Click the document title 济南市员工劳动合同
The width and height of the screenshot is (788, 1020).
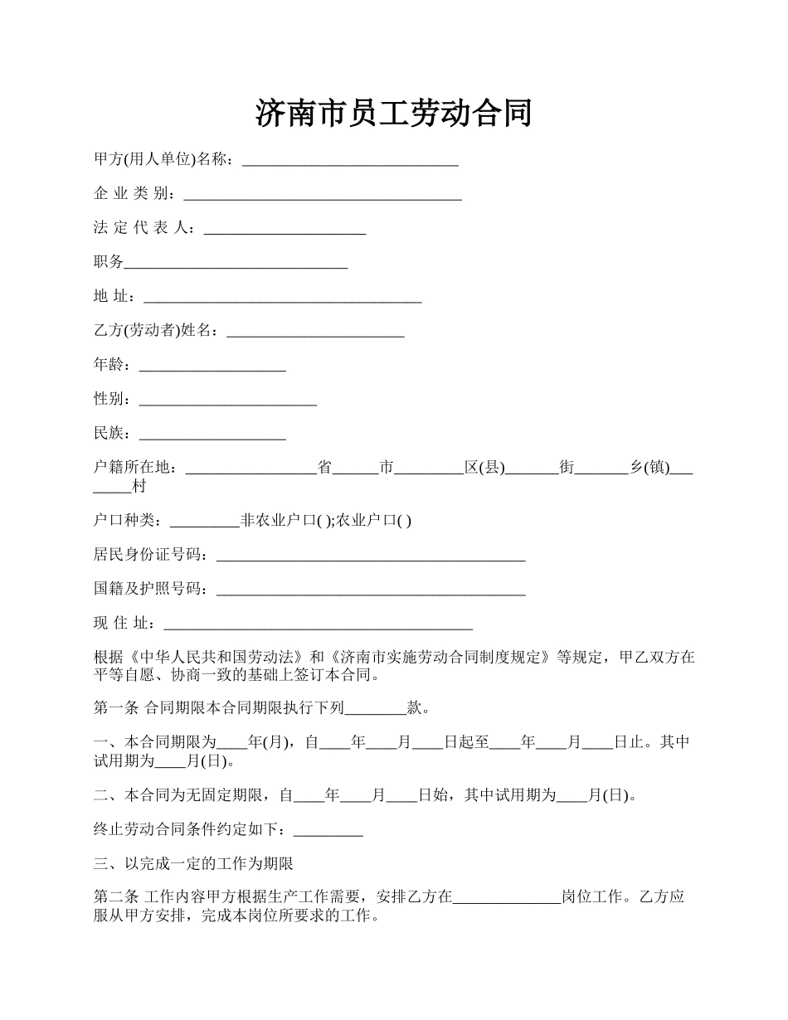393,114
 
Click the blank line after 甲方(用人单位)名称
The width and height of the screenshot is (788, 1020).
349,161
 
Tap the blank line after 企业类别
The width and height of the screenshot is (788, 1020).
322,195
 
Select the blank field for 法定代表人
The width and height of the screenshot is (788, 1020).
285,230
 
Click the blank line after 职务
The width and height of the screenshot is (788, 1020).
236,264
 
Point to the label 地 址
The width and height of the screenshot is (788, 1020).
113,297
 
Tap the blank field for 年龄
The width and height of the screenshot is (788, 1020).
212,366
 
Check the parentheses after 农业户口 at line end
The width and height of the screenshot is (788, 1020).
404,522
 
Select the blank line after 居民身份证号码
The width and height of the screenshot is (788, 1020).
370,556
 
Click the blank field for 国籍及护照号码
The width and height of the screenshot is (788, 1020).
370,590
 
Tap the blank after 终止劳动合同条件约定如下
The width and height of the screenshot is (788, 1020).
328,830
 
